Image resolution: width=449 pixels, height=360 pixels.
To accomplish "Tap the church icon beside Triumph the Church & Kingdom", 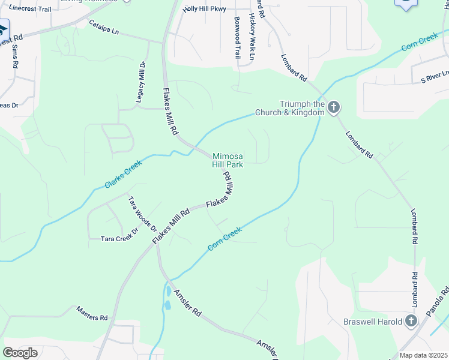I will pyautogui.click(x=334, y=108).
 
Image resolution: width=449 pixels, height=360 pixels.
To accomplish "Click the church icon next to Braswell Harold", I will pyautogui.click(x=411, y=321).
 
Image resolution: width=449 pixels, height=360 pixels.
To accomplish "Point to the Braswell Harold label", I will pyautogui.click(x=372, y=322).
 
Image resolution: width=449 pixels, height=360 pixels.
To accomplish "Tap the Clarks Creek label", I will pyautogui.click(x=123, y=174).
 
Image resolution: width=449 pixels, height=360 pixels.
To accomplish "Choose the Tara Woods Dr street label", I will pyautogui.click(x=142, y=214).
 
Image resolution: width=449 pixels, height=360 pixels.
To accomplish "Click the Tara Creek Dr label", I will pyautogui.click(x=119, y=238).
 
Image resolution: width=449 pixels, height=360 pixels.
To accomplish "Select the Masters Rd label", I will pyautogui.click(x=91, y=313).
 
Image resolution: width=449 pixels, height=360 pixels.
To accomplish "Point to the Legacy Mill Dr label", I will pyautogui.click(x=142, y=82).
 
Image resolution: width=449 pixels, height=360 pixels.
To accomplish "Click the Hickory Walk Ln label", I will pyautogui.click(x=252, y=37).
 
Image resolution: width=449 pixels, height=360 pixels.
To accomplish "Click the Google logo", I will pyautogui.click(x=20, y=353).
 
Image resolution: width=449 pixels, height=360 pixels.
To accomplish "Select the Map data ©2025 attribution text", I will pyautogui.click(x=423, y=355).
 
